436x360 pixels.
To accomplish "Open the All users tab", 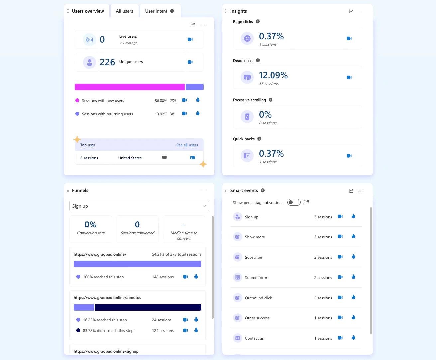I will [124, 11].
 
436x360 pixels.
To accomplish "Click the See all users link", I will [187, 145].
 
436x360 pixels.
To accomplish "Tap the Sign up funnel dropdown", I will [139, 206].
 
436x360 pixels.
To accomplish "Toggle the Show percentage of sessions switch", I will [294, 202].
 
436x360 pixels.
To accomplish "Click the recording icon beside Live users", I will [190, 39].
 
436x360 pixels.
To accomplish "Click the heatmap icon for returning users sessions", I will [198, 113].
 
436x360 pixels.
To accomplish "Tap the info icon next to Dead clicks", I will [258, 61].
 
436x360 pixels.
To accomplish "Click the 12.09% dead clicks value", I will [273, 75].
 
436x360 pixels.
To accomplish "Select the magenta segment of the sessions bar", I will [130, 87].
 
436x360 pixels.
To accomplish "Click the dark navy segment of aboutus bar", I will [148, 307].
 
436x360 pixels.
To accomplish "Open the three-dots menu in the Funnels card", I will [203, 190].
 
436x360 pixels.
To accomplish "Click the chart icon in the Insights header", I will [351, 11].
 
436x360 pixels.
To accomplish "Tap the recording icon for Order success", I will [340, 318].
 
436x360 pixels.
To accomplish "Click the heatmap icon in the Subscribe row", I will [353, 257].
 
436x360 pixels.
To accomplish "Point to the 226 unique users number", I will [107, 62].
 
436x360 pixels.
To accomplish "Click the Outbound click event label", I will [258, 298].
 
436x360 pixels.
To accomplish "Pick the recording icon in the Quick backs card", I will [349, 156].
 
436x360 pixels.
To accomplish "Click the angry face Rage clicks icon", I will [247, 38].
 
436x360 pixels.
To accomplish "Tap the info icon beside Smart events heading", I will [263, 190].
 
